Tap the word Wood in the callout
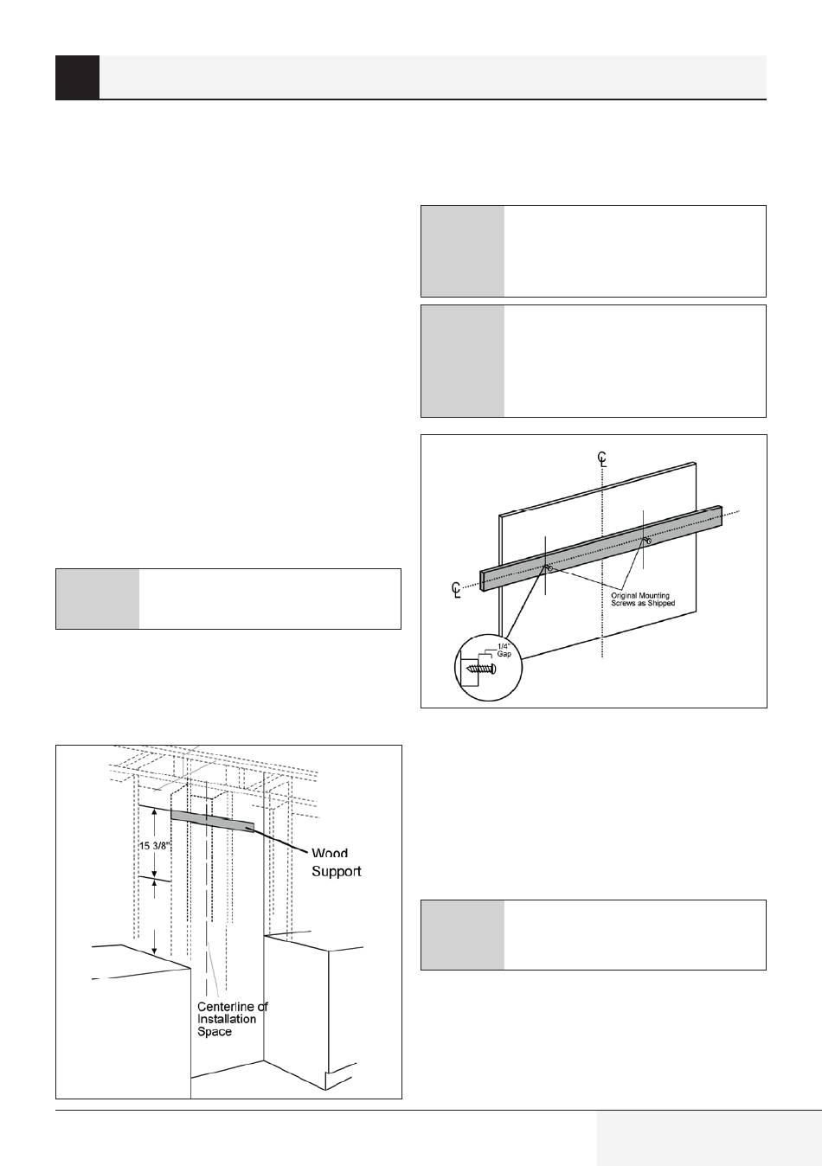(x=330, y=853)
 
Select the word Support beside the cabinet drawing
(x=337, y=871)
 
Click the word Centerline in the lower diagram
(x=232, y=1006)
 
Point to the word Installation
(x=227, y=1019)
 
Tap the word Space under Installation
(x=214, y=1031)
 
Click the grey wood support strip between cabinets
(x=212, y=821)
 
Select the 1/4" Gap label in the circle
(x=504, y=650)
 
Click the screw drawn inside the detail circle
(x=481, y=669)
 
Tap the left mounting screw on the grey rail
(x=549, y=568)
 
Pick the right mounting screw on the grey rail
(x=647, y=541)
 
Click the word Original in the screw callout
(x=624, y=595)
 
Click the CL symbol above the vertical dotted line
(x=602, y=458)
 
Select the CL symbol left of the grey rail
(x=456, y=590)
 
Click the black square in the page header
(x=77, y=77)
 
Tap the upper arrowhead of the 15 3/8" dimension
(x=154, y=811)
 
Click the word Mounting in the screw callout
(x=654, y=595)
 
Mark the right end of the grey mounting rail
(x=722, y=512)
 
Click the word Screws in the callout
(x=622, y=603)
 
